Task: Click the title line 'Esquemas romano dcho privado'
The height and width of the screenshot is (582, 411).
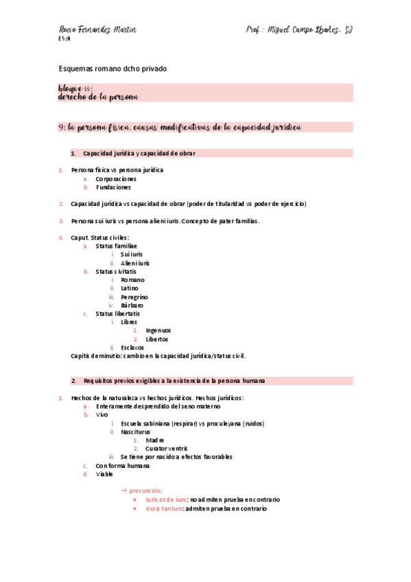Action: pyautogui.click(x=113, y=69)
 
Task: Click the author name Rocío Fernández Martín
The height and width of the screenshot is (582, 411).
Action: pyautogui.click(x=98, y=30)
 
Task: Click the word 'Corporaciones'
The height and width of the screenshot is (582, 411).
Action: pyautogui.click(x=117, y=178)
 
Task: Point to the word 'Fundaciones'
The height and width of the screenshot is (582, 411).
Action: pyautogui.click(x=113, y=187)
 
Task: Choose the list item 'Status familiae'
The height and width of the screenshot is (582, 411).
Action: pyautogui.click(x=116, y=246)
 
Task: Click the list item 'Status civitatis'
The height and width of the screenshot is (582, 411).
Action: pyautogui.click(x=117, y=271)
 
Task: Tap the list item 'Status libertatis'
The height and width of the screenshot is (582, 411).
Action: pyautogui.click(x=118, y=314)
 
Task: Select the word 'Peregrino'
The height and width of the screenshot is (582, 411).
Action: pyautogui.click(x=134, y=297)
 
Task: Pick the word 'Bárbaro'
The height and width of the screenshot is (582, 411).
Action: pyautogui.click(x=132, y=305)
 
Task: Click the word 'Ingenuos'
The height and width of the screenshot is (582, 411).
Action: pyautogui.click(x=158, y=330)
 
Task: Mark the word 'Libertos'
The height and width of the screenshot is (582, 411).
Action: pyautogui.click(x=157, y=339)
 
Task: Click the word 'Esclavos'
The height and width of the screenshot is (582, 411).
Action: pyautogui.click(x=132, y=347)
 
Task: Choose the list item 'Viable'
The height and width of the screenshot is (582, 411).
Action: pyautogui.click(x=105, y=474)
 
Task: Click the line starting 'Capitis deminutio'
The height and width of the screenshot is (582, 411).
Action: pyautogui.click(x=158, y=356)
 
